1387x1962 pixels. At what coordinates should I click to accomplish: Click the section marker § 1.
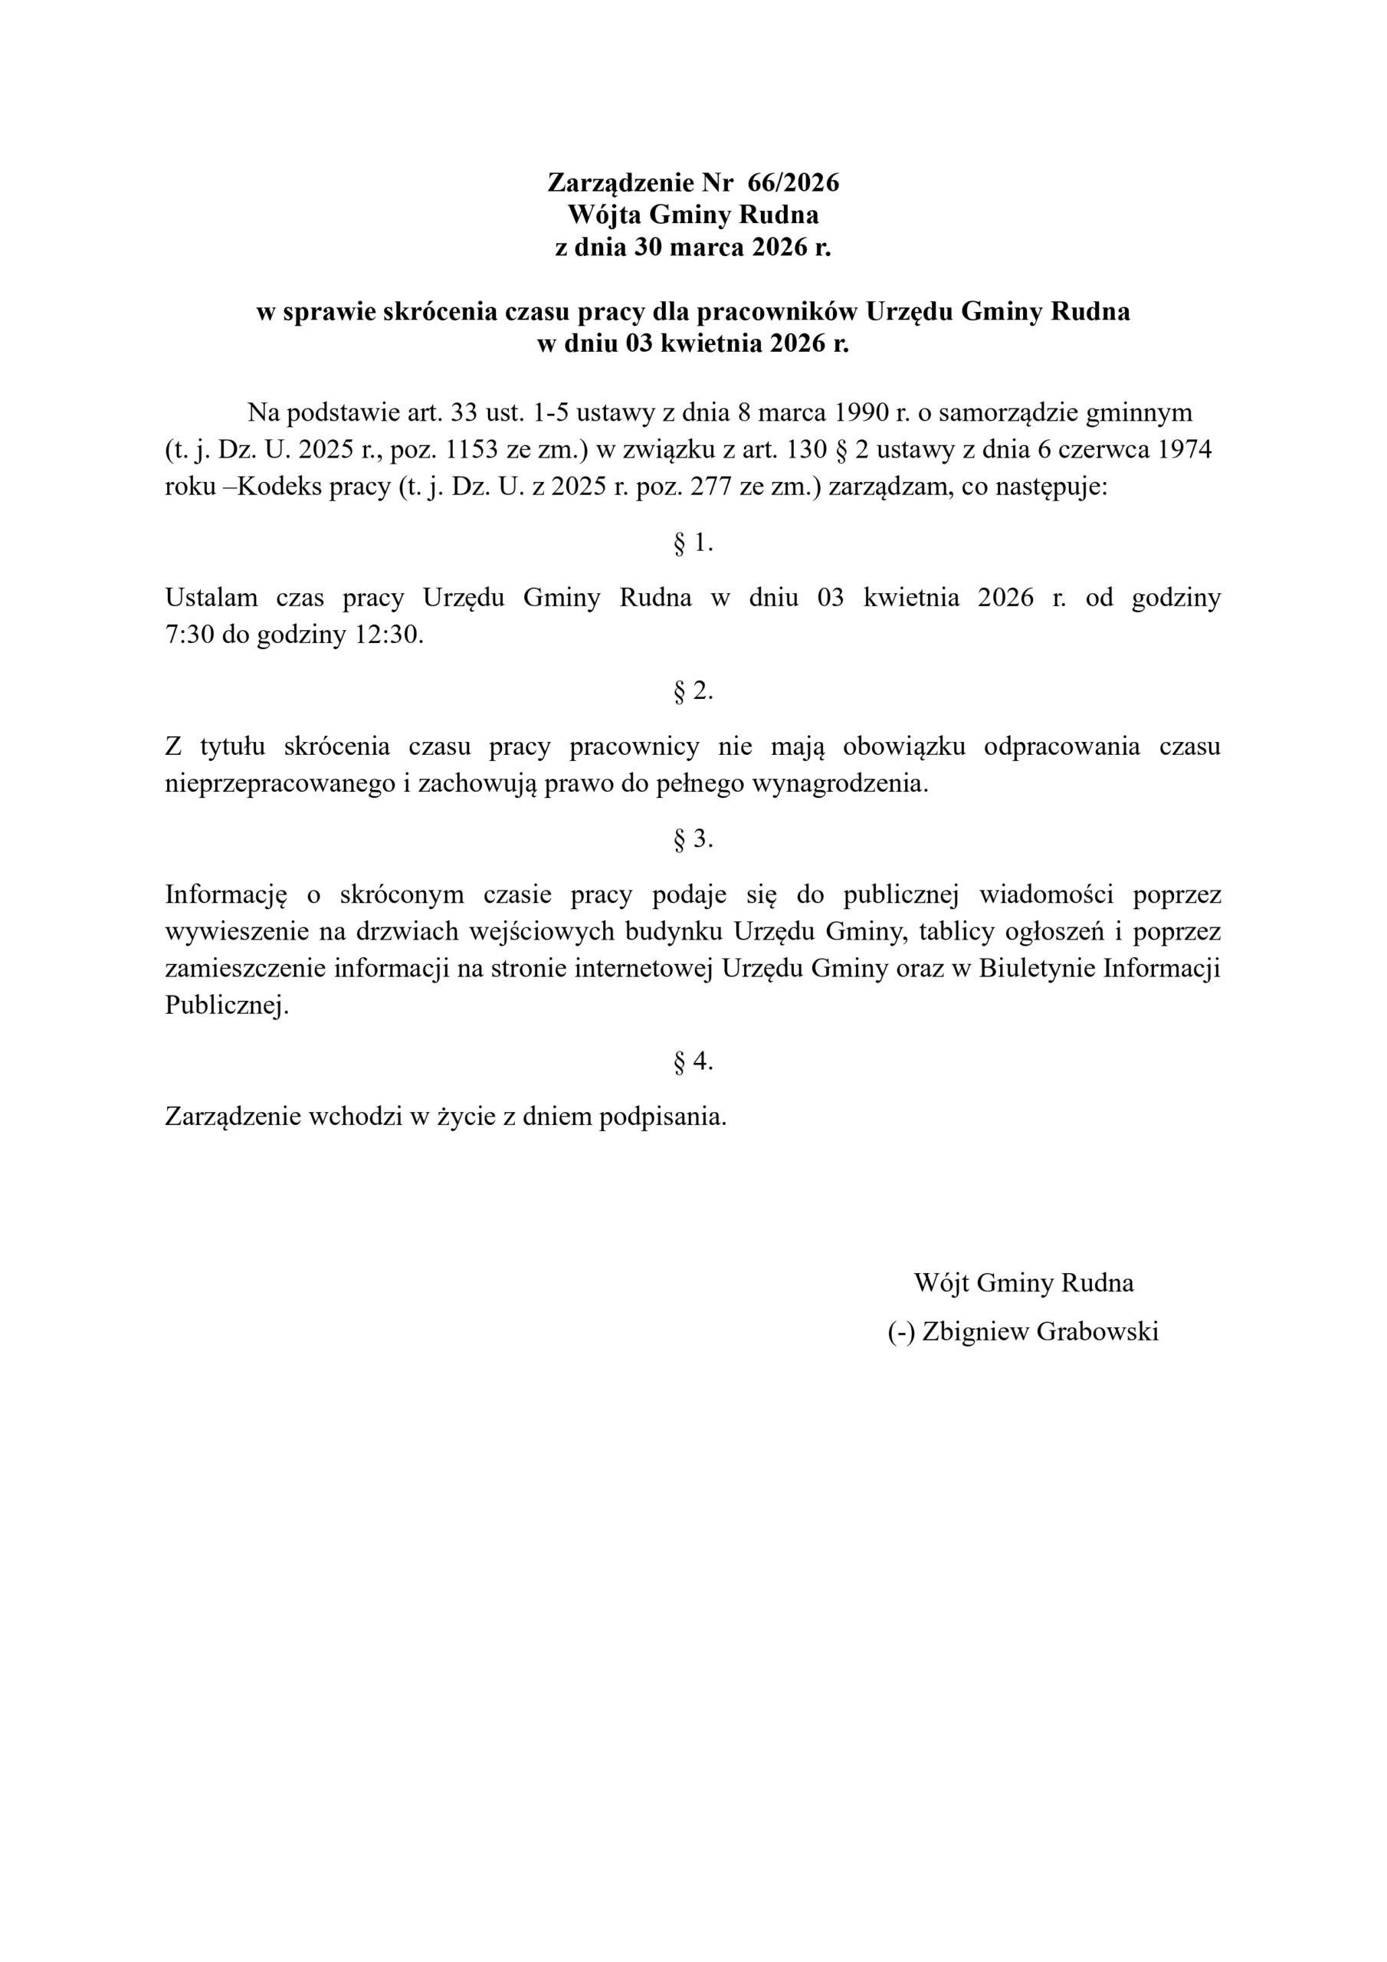click(693, 543)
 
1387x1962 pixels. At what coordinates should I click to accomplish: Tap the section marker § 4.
click(693, 1061)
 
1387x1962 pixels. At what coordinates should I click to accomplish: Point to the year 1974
click(1184, 451)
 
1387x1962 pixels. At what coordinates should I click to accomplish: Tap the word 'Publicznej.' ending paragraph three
click(228, 1006)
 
